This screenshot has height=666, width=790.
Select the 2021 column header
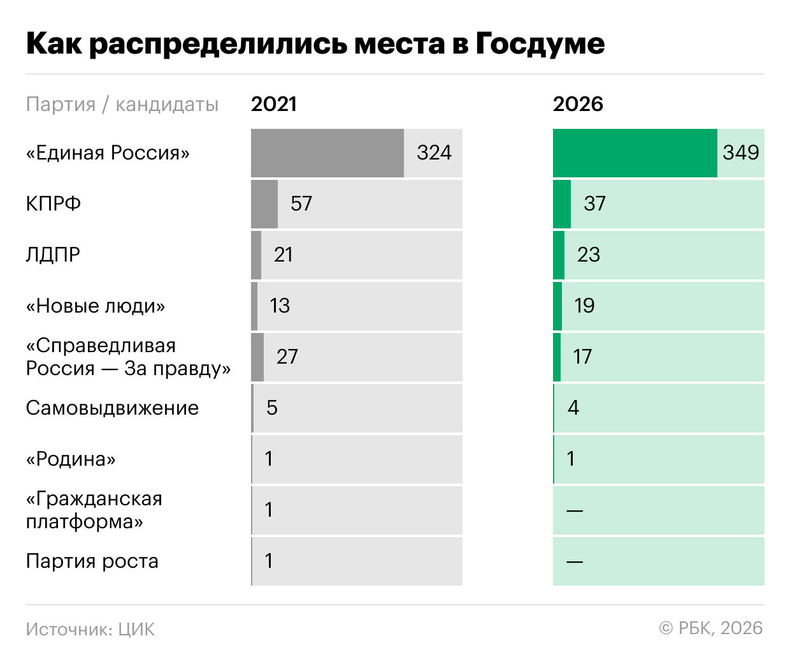coord(273,104)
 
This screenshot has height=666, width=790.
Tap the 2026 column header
coord(578,104)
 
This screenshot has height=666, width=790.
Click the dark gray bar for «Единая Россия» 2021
coord(327,153)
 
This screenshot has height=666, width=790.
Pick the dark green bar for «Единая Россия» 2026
coord(635,153)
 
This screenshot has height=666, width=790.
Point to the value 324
coord(434,152)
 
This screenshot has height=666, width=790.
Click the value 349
coord(741,152)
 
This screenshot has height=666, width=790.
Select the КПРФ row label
coord(54,204)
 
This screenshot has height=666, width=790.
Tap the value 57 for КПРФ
coord(301,204)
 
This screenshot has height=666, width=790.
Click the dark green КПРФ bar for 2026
coord(562,204)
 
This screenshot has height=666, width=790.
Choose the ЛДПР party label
coord(53,255)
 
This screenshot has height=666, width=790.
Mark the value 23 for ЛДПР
coord(588,255)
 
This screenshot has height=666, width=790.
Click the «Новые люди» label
coord(96,306)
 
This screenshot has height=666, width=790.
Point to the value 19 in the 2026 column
coord(584,306)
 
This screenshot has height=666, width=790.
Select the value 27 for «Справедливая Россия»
coord(287,357)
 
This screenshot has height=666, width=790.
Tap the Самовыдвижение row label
coord(112,408)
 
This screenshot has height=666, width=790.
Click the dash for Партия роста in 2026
coord(574,561)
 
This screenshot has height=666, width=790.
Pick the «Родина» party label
coord(71,459)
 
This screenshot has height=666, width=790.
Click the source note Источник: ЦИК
coord(90,629)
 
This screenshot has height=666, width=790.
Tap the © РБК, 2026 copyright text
coord(711,628)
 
